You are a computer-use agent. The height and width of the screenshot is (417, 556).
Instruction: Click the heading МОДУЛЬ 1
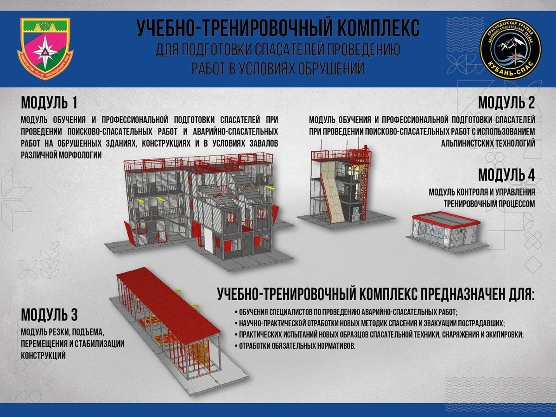pos(49,101)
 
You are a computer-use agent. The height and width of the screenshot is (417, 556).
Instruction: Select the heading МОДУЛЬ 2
pos(506,101)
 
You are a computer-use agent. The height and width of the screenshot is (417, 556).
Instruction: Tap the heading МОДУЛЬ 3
pos(49,315)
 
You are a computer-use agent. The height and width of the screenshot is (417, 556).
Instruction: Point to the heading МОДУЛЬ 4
pos(506,176)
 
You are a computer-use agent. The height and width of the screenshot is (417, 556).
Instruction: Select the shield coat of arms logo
pos(45,48)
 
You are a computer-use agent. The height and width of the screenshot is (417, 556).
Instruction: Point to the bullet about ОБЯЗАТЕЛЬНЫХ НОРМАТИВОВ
pos(297,346)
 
